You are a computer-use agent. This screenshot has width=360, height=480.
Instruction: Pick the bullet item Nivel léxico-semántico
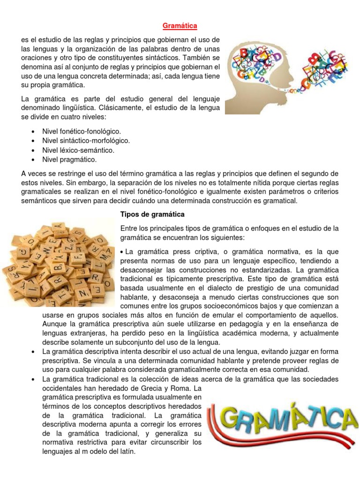coord(78,150)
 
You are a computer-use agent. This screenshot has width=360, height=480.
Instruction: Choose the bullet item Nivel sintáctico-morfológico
coord(86,141)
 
